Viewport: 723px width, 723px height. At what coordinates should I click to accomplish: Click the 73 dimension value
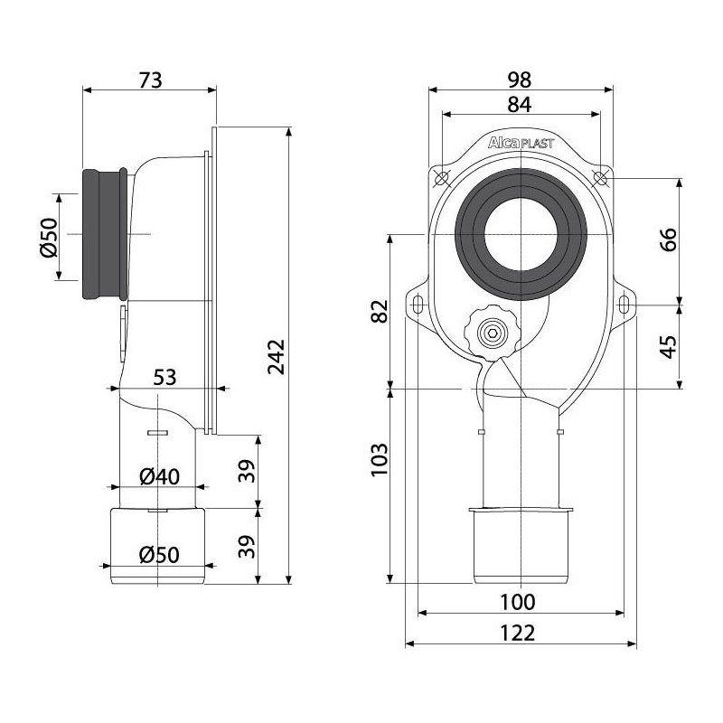point(151,80)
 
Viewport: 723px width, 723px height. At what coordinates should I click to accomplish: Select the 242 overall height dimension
point(277,357)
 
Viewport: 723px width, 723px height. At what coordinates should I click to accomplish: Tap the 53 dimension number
point(164,377)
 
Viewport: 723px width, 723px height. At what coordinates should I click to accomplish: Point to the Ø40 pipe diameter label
point(160,477)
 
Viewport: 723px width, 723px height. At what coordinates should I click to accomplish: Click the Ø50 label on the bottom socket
point(160,555)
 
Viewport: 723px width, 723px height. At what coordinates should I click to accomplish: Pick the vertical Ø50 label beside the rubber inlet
point(49,237)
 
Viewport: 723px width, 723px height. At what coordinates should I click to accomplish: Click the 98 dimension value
point(520,80)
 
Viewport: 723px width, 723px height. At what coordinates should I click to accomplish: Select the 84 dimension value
point(520,105)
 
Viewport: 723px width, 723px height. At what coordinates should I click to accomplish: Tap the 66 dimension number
point(669,239)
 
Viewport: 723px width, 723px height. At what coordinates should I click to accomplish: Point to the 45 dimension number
point(669,347)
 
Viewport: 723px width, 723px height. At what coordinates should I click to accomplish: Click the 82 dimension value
point(380,312)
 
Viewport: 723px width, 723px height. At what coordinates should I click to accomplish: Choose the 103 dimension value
point(380,460)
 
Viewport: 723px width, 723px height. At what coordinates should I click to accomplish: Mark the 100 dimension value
point(518,602)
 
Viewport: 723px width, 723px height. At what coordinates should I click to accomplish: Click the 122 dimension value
point(518,634)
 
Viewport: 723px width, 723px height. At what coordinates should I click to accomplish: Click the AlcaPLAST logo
point(521,143)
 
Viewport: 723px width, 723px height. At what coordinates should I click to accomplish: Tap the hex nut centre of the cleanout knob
point(493,333)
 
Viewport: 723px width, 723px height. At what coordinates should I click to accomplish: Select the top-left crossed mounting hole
point(442,178)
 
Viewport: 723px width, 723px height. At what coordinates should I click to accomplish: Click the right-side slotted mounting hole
point(623,305)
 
